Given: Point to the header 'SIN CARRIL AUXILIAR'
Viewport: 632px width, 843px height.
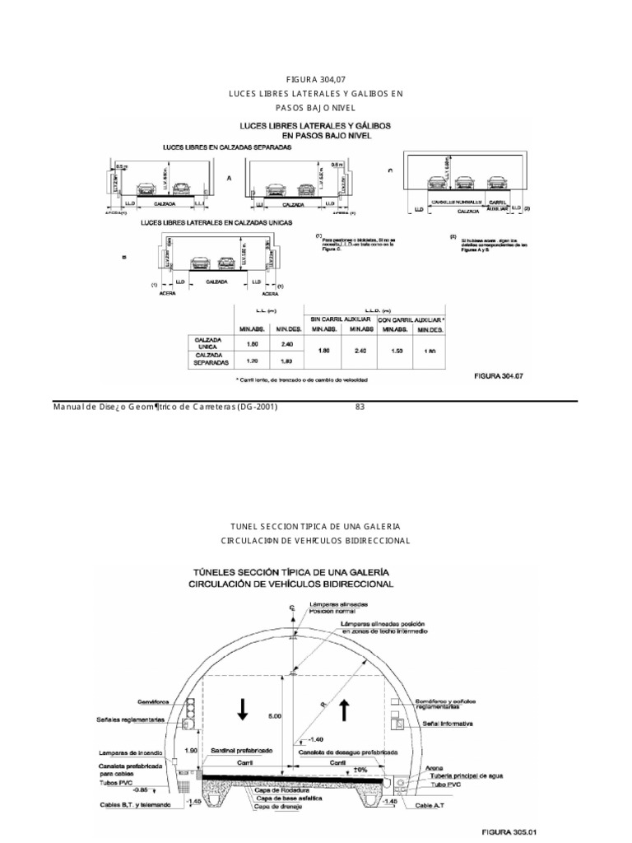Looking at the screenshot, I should pos(340,318).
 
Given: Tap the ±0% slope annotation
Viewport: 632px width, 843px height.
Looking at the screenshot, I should pos(358,771).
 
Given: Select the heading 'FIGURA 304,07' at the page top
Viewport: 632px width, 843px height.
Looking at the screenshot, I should pos(316,79).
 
